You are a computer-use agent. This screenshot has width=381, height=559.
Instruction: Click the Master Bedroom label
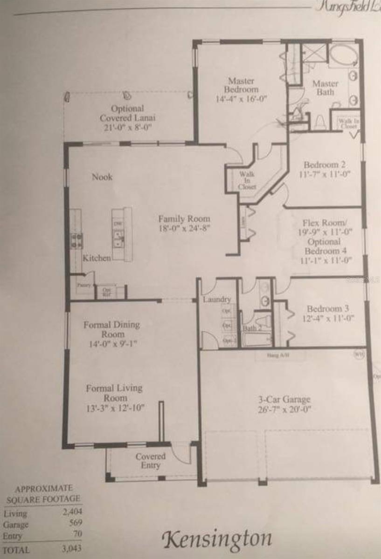pos(241,85)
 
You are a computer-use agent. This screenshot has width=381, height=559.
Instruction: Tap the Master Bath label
pos(325,88)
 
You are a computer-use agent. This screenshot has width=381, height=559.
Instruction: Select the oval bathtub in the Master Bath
pos(342,56)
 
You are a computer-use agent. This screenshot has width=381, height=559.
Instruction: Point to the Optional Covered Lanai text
pos(128,113)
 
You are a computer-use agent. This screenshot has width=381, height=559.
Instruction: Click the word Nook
pos(102,177)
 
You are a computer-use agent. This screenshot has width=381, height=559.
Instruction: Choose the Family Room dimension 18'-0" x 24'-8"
pos(184,229)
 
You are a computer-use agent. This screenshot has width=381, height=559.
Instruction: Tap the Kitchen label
pos(97,258)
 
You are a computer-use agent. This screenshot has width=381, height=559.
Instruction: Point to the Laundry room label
pos(217,300)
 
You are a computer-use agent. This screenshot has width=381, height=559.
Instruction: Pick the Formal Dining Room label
pos(111,329)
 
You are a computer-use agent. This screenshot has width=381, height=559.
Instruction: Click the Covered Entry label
pos(150,461)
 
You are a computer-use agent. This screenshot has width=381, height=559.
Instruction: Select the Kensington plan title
pos(216,539)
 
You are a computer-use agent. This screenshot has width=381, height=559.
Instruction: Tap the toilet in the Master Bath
pos(320,123)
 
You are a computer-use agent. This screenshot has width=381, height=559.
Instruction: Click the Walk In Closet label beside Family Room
pos(247,180)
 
